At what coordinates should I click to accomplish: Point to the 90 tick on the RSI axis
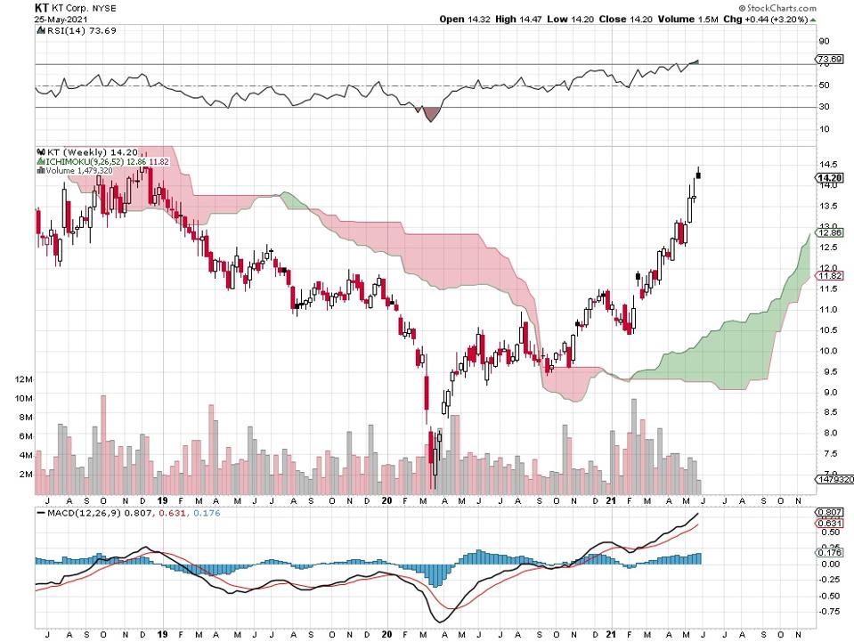click(x=825, y=41)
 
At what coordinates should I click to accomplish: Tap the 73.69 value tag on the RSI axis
click(x=829, y=60)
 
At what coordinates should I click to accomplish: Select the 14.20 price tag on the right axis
click(x=829, y=178)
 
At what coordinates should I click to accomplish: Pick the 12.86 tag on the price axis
click(x=829, y=232)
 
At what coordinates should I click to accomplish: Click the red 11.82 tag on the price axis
click(x=829, y=276)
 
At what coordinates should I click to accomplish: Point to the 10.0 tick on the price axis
click(x=827, y=351)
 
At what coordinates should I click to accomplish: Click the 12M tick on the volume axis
click(x=24, y=379)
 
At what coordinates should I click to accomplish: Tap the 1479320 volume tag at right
click(x=834, y=479)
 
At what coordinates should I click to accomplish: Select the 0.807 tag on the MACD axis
click(x=829, y=513)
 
